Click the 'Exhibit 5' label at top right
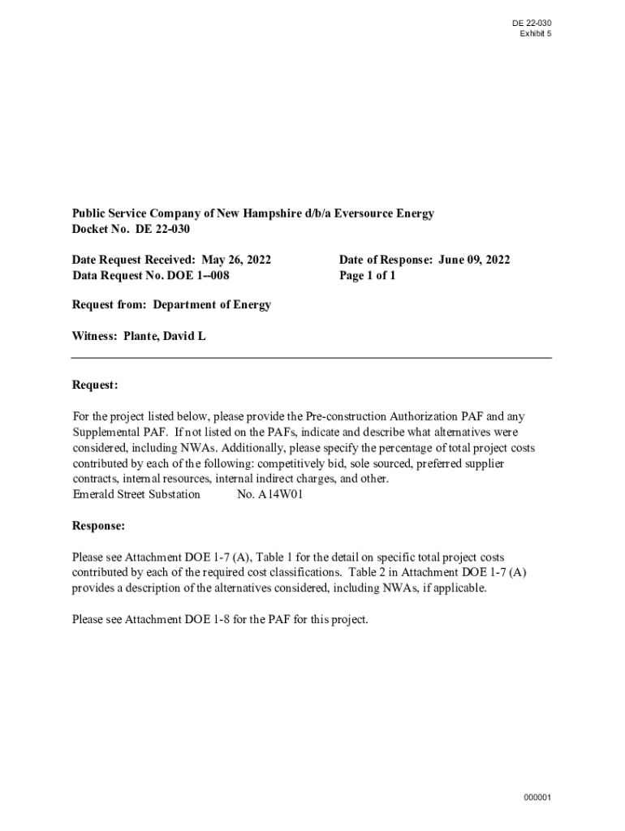(536, 33)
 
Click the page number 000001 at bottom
(537, 798)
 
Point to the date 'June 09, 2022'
(474, 260)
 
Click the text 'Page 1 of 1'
(368, 275)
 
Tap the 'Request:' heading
(95, 384)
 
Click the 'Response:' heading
(98, 526)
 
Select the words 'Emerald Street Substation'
(136, 494)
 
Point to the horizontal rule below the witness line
(312, 357)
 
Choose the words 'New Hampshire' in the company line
(261, 213)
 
